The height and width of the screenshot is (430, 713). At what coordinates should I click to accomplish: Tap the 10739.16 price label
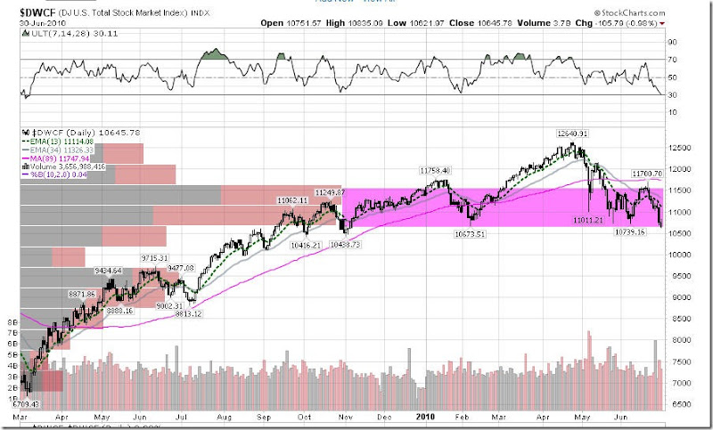click(x=630, y=231)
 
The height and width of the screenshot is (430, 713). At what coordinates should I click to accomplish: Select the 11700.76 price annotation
click(x=643, y=174)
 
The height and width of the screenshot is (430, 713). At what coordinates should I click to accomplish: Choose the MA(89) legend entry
click(x=53, y=157)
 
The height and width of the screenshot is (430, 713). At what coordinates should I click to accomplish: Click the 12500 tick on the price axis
click(x=681, y=149)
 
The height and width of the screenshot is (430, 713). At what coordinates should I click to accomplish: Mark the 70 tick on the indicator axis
click(x=675, y=60)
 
